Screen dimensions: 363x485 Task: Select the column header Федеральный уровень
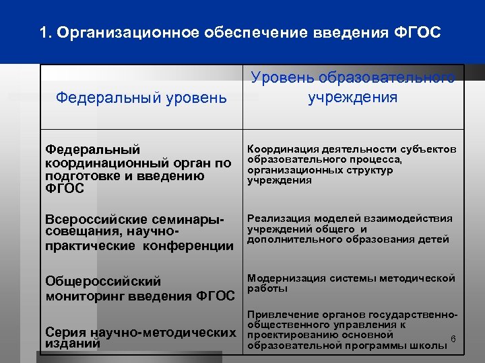(x=141, y=98)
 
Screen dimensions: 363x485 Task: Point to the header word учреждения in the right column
(x=353, y=97)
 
